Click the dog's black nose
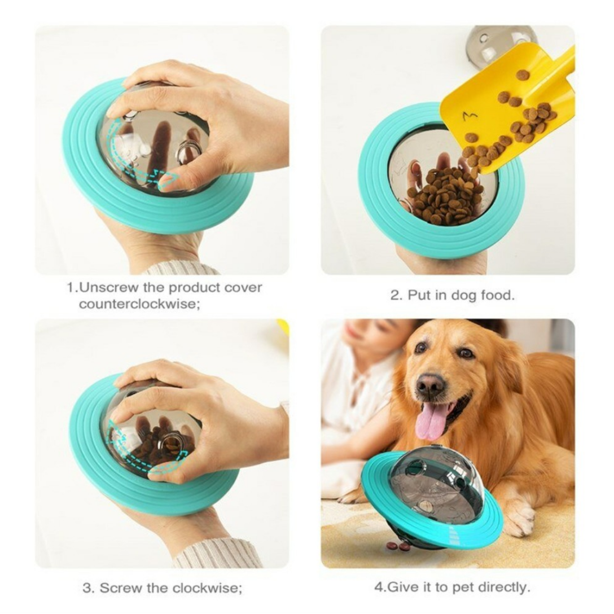pos(431,385)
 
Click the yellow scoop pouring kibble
pos(508,107)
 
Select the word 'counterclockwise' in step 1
pos(139,305)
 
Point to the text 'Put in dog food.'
pos(453,295)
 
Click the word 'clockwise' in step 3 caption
pos(205,588)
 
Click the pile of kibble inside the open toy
pos(446,195)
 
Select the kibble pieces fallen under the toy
pos(398,546)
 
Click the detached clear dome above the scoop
pos(499,42)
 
